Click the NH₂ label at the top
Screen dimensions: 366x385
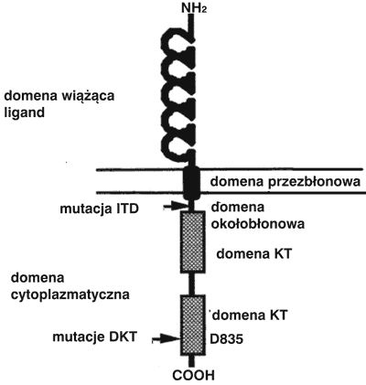(x=194, y=7)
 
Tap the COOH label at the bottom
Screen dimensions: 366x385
(x=193, y=375)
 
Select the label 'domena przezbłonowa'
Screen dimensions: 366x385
(x=285, y=182)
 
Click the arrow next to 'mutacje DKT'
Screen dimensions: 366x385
(x=167, y=338)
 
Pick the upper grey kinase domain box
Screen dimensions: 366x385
(x=192, y=241)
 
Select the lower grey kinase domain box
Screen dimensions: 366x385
(x=192, y=325)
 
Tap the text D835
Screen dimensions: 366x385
(x=227, y=338)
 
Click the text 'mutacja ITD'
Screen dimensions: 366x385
(x=100, y=209)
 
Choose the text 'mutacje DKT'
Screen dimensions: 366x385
(x=94, y=337)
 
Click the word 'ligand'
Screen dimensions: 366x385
(x=24, y=113)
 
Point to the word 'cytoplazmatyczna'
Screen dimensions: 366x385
(x=70, y=295)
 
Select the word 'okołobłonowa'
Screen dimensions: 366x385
(x=258, y=224)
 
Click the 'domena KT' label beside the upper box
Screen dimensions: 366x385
(x=254, y=253)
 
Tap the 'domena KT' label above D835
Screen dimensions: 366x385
(x=250, y=315)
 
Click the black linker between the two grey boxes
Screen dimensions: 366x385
(x=191, y=283)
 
